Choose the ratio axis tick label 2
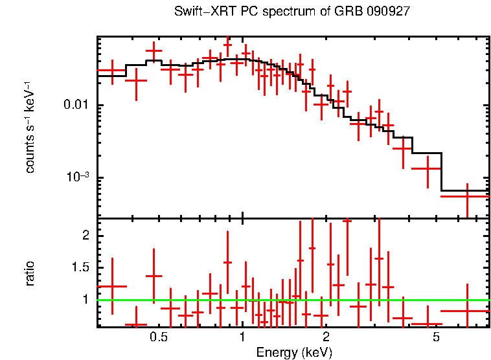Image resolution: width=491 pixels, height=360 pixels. pyautogui.click(x=86, y=236)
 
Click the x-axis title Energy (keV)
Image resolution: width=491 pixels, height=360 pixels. pyautogui.click(x=293, y=352)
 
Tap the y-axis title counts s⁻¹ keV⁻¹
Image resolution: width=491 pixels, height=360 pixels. pyautogui.click(x=30, y=126)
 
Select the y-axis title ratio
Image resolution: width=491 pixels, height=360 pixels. pyautogui.click(x=30, y=273)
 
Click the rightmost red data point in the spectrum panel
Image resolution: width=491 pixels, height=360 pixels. pyautogui.click(x=467, y=196)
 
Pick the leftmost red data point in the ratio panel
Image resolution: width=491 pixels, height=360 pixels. pyautogui.click(x=112, y=286)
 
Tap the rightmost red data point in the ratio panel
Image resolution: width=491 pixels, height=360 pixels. pyautogui.click(x=467, y=311)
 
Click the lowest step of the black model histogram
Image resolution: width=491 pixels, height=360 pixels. pyautogui.click(x=465, y=191)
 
